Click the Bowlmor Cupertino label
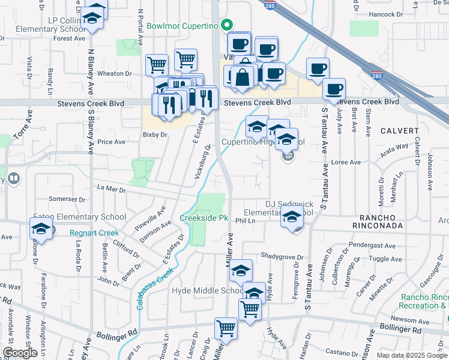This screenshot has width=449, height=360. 182,26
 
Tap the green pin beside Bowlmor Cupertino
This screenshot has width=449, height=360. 227,25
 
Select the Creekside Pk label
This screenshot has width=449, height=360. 204,218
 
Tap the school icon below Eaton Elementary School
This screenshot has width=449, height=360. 41,229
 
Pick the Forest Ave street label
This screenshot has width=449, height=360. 69,38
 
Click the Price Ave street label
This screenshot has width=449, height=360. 111,142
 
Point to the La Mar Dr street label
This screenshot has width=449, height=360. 111,190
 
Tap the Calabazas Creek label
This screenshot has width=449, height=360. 154,287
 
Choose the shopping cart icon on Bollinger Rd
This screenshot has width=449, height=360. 226,328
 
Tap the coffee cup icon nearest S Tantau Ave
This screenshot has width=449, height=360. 334,89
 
